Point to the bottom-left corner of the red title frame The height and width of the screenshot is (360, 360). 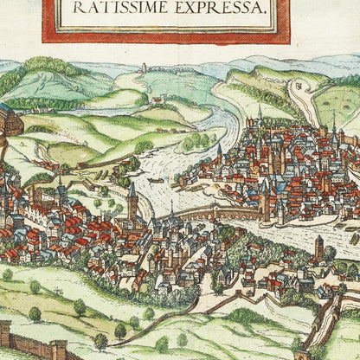pyautogui.click(x=45, y=39)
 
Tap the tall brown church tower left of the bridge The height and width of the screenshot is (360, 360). pyautogui.click(x=132, y=202)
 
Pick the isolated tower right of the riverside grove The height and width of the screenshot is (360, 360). pyautogui.click(x=318, y=248)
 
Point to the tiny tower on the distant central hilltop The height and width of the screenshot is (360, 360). pyautogui.click(x=143, y=67)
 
